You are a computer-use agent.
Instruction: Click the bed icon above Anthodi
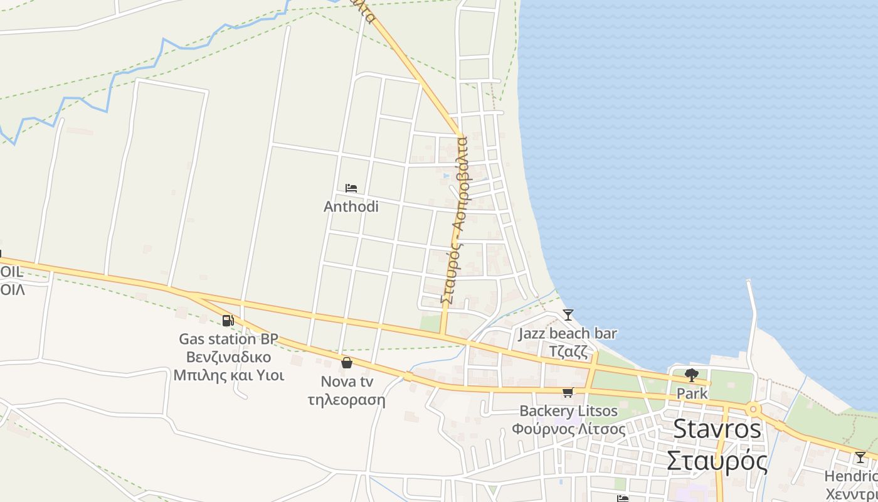pyautogui.click(x=351, y=188)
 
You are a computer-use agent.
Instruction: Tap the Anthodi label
pyautogui.click(x=351, y=206)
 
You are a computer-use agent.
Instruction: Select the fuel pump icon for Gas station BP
pyautogui.click(x=228, y=321)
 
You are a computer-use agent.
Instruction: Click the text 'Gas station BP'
pyautogui.click(x=228, y=339)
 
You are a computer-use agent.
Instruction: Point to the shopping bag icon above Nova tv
pyautogui.click(x=346, y=363)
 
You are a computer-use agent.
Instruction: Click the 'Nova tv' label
pyautogui.click(x=347, y=382)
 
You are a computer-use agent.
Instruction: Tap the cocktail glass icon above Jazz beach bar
pyautogui.click(x=568, y=314)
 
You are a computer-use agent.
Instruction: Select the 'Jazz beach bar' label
pyautogui.click(x=568, y=334)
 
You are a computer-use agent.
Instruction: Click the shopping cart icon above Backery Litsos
pyautogui.click(x=568, y=393)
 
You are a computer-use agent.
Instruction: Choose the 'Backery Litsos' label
pyautogui.click(x=568, y=412)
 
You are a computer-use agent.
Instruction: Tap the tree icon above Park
pyautogui.click(x=692, y=375)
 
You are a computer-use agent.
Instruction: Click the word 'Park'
pyautogui.click(x=692, y=394)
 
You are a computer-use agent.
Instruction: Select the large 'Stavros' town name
pyautogui.click(x=717, y=429)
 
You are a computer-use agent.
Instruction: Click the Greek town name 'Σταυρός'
pyautogui.click(x=717, y=461)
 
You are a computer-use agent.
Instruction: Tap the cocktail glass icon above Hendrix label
pyautogui.click(x=860, y=457)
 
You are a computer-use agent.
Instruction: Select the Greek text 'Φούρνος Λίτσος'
pyautogui.click(x=568, y=429)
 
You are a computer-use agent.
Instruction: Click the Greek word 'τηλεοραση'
pyautogui.click(x=347, y=399)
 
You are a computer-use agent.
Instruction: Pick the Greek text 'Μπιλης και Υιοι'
pyautogui.click(x=228, y=375)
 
